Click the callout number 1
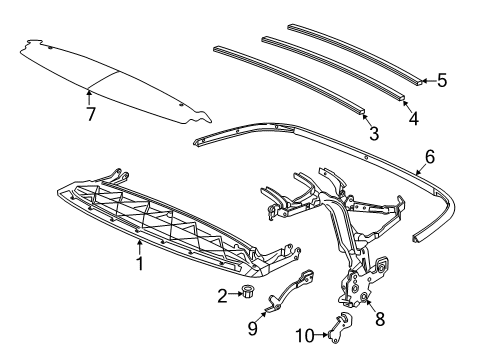pos(140,265)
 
